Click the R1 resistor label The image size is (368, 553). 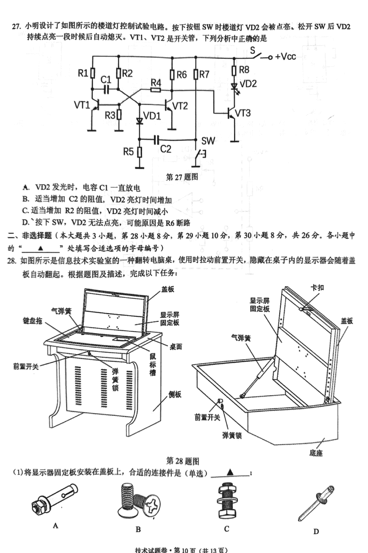pyautogui.click(x=82, y=72)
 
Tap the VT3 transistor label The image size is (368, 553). pyautogui.click(x=243, y=112)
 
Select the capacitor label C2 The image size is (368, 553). pyautogui.click(x=166, y=149)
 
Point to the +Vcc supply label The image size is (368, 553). pyautogui.click(x=285, y=57)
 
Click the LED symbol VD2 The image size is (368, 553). pyautogui.click(x=234, y=86)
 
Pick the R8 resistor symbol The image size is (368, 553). pyautogui.click(x=234, y=70)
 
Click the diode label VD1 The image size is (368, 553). pyautogui.click(x=152, y=116)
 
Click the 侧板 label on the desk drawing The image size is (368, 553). pyautogui.click(x=174, y=394)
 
